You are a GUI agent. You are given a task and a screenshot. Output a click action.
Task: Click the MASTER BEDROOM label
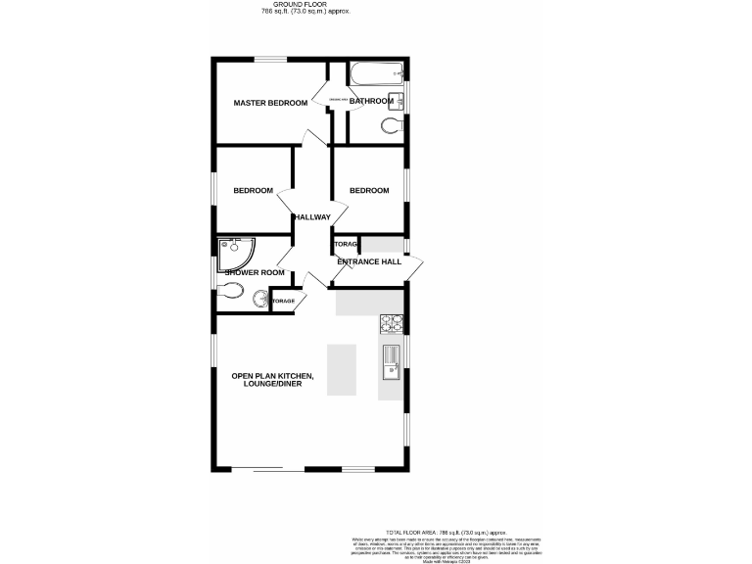269,103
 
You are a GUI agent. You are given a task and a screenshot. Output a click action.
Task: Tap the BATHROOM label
370,101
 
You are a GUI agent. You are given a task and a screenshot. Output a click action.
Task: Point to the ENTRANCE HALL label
369,261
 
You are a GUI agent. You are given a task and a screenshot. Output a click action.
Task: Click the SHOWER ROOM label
255,272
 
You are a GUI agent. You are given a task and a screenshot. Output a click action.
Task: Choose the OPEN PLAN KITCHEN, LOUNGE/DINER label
272,380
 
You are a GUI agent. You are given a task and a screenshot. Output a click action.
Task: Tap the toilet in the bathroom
391,124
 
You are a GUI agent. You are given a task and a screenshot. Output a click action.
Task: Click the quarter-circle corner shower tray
233,252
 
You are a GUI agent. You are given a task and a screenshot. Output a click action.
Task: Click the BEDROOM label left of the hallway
253,190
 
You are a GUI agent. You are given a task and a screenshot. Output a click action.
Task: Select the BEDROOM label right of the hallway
369,190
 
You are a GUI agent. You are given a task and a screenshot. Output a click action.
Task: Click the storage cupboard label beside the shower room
283,301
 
